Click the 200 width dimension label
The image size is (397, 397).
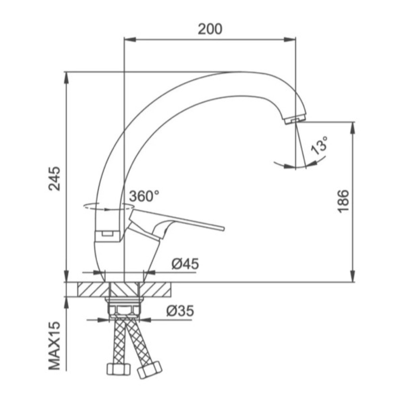[210, 29]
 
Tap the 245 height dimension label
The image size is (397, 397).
[55, 178]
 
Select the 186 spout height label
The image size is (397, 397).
[343, 201]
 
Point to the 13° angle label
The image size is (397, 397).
[319, 145]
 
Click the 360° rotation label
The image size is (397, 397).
[145, 196]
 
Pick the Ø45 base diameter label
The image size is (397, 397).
[185, 264]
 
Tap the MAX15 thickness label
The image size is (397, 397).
[55, 346]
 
